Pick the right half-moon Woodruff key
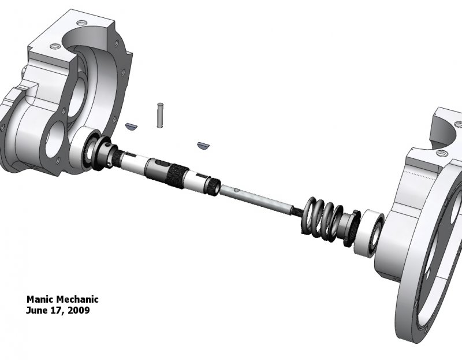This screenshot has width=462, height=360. [202, 144]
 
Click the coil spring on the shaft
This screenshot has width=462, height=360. [321, 219]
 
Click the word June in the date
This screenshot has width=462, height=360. [36, 310]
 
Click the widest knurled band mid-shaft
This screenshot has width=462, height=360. [176, 173]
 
